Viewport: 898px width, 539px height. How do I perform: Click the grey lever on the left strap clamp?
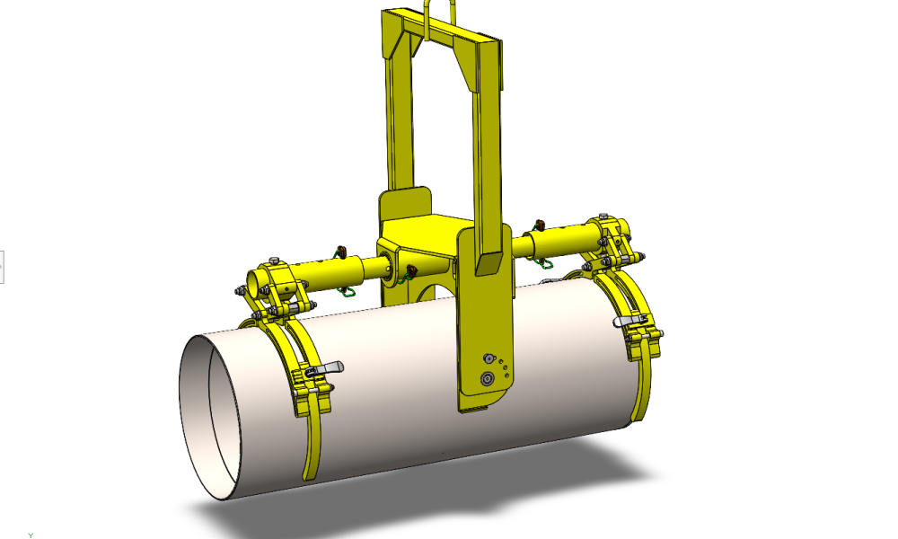(x=330, y=367)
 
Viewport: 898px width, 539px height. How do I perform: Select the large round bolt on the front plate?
(x=488, y=378)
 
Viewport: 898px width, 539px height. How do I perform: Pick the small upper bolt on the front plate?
(x=490, y=357)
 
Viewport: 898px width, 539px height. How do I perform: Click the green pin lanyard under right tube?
(x=541, y=261)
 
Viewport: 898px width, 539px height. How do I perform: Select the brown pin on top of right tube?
(x=540, y=224)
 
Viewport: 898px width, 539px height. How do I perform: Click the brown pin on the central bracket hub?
(x=411, y=270)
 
